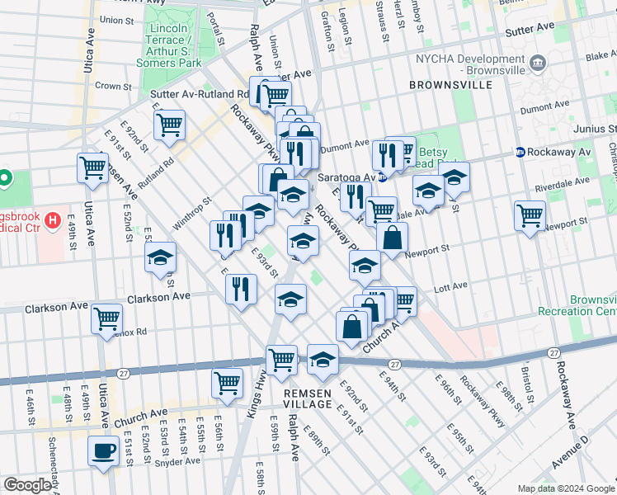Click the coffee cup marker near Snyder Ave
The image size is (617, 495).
104,451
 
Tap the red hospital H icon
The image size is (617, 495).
54,220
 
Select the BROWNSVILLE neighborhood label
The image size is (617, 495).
450,85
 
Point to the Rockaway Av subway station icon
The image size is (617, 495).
520,152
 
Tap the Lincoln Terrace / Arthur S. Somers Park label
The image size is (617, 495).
172,45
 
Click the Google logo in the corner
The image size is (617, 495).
27,485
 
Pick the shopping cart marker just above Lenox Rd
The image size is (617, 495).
106,318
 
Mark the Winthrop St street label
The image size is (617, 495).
192,214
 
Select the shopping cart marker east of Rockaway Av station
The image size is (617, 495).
530,216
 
